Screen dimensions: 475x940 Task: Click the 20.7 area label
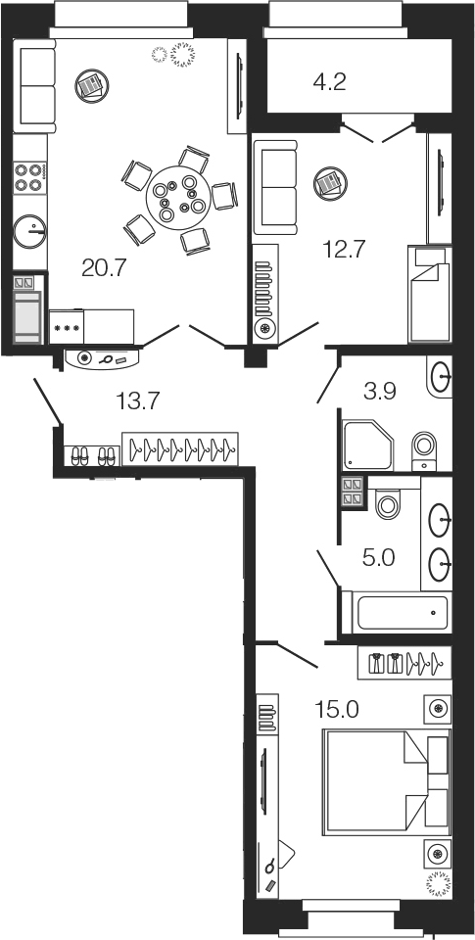point(105,268)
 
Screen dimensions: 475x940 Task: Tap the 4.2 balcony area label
point(330,81)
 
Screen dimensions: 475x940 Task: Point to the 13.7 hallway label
point(137,400)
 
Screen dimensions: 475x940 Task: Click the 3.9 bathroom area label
point(380,392)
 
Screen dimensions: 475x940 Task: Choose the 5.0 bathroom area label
point(378,559)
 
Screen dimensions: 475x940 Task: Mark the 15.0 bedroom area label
point(337,710)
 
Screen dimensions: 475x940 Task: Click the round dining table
point(178,197)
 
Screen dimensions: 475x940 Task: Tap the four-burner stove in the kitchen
point(30,177)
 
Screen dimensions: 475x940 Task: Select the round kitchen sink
point(30,230)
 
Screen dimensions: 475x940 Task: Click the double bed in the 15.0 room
point(386,783)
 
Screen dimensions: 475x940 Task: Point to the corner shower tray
point(367,446)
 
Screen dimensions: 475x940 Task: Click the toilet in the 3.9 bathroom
point(425,450)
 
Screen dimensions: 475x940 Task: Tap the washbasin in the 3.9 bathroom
point(441,376)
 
